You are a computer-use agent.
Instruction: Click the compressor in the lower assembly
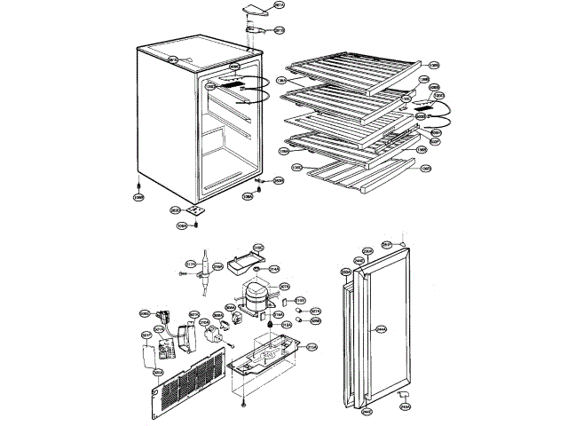click(x=256, y=297)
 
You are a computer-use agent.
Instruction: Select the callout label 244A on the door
click(x=382, y=328)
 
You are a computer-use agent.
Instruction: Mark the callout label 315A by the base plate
click(x=312, y=348)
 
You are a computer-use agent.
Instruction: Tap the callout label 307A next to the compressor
click(x=285, y=287)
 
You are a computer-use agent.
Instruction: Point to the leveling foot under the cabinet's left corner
click(x=139, y=185)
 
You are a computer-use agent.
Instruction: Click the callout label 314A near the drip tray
click(x=274, y=269)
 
